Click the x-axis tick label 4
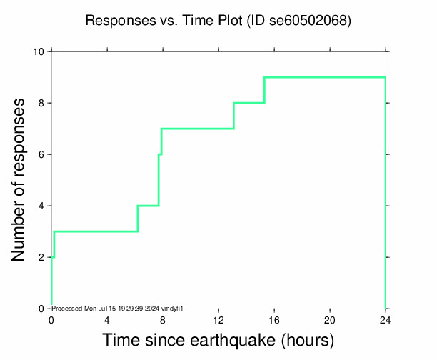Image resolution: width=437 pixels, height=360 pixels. pyautogui.click(x=107, y=319)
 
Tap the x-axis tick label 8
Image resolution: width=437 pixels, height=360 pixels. pyautogui.click(x=163, y=319)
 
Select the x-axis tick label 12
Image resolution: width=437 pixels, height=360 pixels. pyautogui.click(x=218, y=319)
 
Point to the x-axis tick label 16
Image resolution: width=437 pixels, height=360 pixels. pyautogui.click(x=274, y=319)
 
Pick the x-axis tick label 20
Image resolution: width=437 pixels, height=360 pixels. pyautogui.click(x=330, y=319)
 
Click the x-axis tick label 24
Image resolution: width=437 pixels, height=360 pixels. pyautogui.click(x=386, y=319)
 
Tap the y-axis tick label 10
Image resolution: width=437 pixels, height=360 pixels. pyautogui.click(x=39, y=51)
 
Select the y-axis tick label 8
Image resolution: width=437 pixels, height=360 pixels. pyautogui.click(x=41, y=103)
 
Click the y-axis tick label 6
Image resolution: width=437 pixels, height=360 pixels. pyautogui.click(x=41, y=154)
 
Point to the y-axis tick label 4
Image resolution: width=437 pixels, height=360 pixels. pyautogui.click(x=41, y=206)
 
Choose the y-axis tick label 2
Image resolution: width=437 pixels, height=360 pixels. pyautogui.click(x=41, y=257)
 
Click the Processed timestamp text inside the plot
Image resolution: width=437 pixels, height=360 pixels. pyautogui.click(x=119, y=308)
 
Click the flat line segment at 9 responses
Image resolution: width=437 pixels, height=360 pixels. pyautogui.click(x=325, y=77)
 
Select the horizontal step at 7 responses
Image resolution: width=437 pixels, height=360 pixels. pyautogui.click(x=198, y=129)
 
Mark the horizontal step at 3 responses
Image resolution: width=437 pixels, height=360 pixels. pyautogui.click(x=96, y=231)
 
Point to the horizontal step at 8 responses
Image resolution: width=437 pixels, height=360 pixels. pyautogui.click(x=249, y=103)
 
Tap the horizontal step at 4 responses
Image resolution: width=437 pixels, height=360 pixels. pyautogui.click(x=148, y=206)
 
